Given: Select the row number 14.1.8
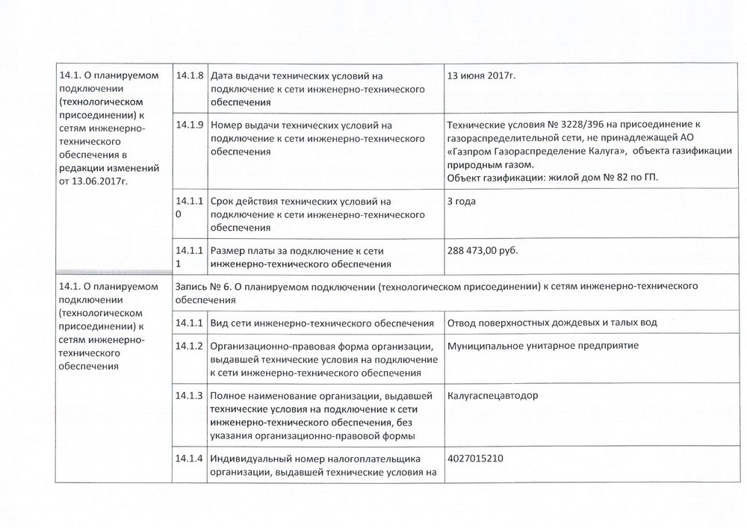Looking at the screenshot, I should coord(190,76).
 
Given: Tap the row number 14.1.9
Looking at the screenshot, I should coord(190,124).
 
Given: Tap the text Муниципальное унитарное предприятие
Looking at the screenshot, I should coord(537,346).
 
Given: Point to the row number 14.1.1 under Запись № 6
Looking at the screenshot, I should coord(190,323).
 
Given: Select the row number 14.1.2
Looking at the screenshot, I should coord(190,346).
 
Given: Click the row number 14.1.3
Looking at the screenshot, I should coord(190,395).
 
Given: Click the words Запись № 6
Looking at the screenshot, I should coord(198,286).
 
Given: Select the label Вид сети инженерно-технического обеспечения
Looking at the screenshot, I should coord(323,323).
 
